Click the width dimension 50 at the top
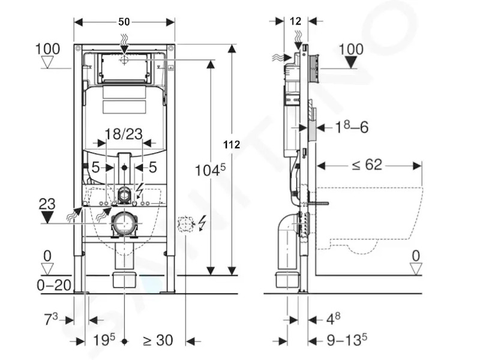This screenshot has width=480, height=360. point(124,22)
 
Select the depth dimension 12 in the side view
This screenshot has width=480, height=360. point(295,21)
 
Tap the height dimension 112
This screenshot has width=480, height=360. point(232,145)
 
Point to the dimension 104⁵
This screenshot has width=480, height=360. point(211,170)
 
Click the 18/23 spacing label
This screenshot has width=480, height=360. point(124,134)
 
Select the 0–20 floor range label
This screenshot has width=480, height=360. point(54,286)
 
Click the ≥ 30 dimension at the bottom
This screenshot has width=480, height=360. point(158,340)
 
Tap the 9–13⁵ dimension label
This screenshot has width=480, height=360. point(347,339)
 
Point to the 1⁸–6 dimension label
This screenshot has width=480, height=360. point(352,127)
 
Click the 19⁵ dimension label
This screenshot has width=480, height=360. point(104,340)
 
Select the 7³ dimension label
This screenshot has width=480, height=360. point(51,319)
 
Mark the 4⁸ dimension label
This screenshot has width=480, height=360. point(333,319)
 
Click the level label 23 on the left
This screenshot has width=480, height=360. point(47,204)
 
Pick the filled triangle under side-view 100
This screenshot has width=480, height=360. point(351,63)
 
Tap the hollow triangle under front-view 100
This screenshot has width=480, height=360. point(47,63)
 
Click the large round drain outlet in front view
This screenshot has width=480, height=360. point(124,223)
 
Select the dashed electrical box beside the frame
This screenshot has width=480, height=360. point(186,224)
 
